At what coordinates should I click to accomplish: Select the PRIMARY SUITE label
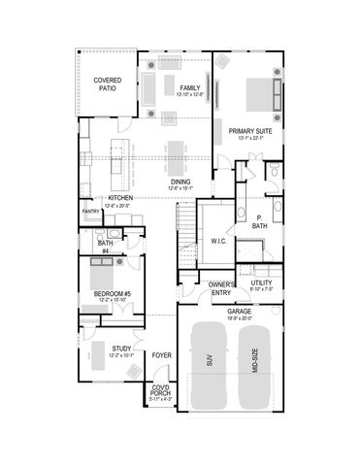pos(249,131)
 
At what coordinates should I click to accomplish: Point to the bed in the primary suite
pos(257,94)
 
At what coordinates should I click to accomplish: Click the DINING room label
pos(180,182)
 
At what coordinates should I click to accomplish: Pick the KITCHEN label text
pos(120,199)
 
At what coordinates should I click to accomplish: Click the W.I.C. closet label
pos(218,240)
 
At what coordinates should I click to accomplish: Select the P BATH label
pos(260,222)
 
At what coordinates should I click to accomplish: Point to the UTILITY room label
pos(261,283)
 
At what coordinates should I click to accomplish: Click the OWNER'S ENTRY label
pos(220,288)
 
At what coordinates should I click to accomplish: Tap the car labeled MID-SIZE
pos(255,365)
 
